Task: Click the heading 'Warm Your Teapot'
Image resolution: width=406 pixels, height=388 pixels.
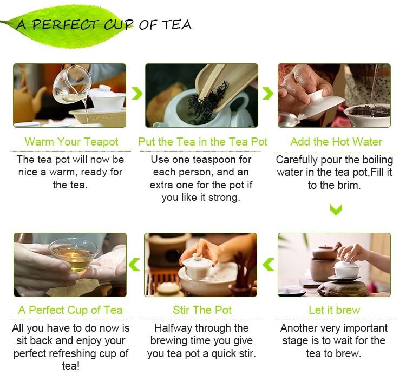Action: [71, 142]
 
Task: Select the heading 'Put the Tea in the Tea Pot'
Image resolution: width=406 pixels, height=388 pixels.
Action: [203, 142]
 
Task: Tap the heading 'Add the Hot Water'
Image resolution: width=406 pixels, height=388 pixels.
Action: [336, 142]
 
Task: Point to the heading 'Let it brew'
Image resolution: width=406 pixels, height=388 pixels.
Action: [335, 310]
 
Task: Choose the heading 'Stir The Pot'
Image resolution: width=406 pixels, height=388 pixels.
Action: [202, 310]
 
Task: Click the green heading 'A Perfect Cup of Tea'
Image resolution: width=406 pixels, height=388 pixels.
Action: [70, 310]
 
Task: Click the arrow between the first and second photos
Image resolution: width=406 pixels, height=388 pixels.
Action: [137, 93]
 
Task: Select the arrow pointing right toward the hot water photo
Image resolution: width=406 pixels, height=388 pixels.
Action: [268, 93]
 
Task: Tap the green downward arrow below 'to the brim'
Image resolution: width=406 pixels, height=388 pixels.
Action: [336, 209]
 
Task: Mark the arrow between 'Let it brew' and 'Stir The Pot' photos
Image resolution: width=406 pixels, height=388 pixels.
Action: [269, 265]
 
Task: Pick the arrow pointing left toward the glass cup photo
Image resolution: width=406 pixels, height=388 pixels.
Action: [134, 265]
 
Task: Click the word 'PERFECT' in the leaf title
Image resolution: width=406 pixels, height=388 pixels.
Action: [65, 24]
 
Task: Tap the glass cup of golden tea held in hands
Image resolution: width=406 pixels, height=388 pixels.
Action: [74, 255]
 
